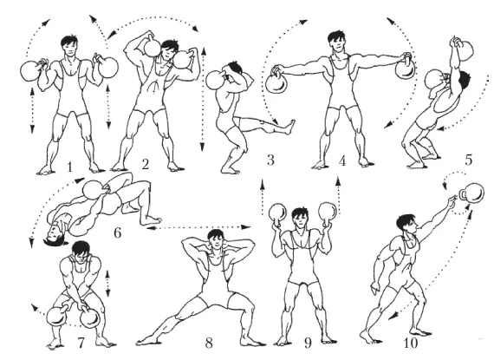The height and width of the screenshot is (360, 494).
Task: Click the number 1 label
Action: (x=70, y=167)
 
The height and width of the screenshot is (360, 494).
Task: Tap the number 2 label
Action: (x=145, y=164)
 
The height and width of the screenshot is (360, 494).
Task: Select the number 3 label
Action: (x=270, y=160)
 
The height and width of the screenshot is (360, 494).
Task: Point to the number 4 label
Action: (x=342, y=160)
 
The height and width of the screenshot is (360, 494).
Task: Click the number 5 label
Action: (x=469, y=160)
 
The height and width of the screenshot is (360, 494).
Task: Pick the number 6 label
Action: (x=117, y=233)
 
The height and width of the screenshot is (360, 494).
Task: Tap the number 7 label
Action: (x=81, y=343)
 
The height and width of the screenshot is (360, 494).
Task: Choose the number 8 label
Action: (x=209, y=343)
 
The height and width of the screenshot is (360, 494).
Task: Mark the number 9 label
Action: (x=309, y=343)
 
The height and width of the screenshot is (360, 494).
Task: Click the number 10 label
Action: (x=410, y=343)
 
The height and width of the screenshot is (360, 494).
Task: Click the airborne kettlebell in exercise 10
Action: (x=471, y=193)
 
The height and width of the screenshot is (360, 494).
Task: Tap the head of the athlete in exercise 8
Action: (x=216, y=239)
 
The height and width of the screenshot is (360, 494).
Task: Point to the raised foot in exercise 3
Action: (x=289, y=127)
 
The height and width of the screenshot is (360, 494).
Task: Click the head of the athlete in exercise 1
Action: (x=70, y=46)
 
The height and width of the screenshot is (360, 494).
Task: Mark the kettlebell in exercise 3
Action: (x=215, y=80)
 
